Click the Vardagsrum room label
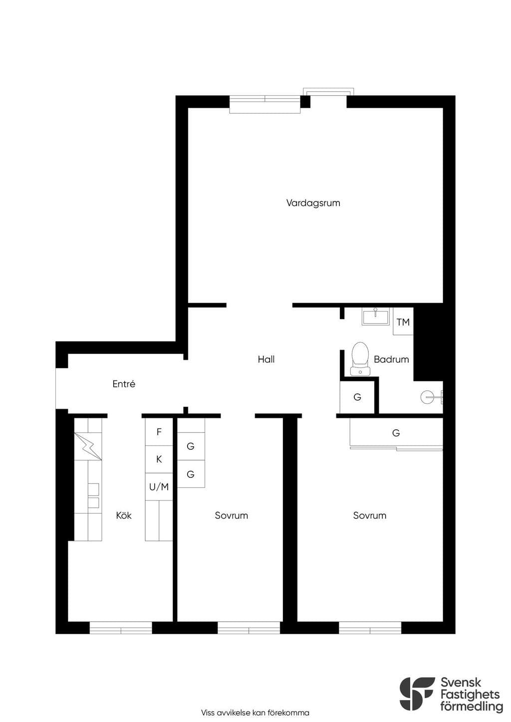click(x=313, y=203)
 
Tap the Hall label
click(x=266, y=359)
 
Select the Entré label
click(x=124, y=383)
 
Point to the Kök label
click(x=124, y=516)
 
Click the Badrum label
click(x=391, y=359)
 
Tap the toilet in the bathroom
click(x=360, y=359)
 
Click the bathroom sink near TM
click(x=375, y=317)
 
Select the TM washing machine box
click(x=403, y=321)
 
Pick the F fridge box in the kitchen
click(x=159, y=432)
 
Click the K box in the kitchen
click(x=159, y=459)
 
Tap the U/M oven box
click(x=159, y=487)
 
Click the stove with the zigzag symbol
click(x=88, y=446)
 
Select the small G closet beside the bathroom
click(x=357, y=397)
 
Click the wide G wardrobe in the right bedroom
click(x=397, y=433)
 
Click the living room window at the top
click(x=265, y=104)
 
